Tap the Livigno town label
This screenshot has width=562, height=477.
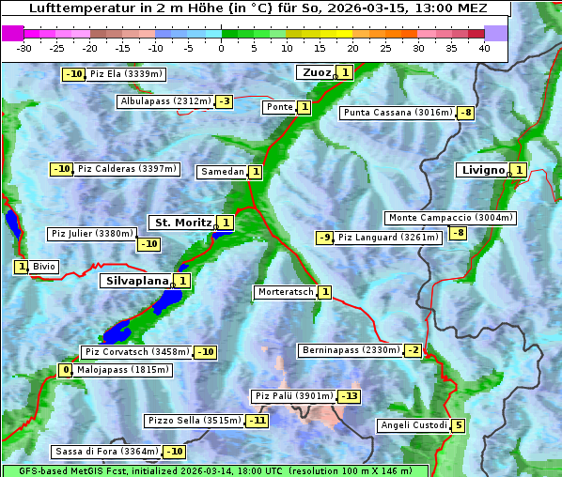pos(482,170)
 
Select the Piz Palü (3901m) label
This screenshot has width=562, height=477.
pos(293,396)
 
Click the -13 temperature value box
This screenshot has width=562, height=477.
pos(349,396)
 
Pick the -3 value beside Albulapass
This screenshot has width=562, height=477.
pos(224,101)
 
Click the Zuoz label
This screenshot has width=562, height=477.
pos(315,72)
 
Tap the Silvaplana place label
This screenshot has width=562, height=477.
pos(136,280)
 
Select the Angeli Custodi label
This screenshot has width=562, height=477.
pos(413,425)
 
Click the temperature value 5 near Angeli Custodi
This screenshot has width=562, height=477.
pos(458,425)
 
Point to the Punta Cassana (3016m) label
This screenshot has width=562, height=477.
pos(398,113)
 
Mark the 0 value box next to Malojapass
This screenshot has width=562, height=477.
pos(65,371)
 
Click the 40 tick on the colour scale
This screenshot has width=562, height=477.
pos(484,48)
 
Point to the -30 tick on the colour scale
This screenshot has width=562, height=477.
pos(24,48)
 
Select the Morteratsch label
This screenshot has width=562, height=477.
pos(285,292)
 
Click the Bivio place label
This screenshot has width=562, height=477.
pos(44,267)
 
